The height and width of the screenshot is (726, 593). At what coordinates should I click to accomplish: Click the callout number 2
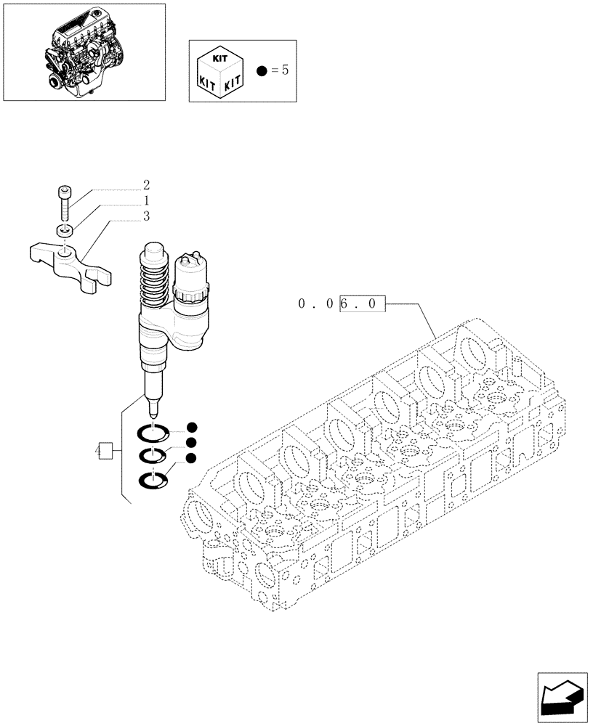tap(146, 184)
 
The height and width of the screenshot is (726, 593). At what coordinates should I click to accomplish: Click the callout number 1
tap(146, 200)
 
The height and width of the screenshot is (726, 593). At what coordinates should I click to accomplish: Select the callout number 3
tap(146, 216)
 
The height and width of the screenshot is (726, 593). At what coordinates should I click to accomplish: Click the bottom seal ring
tap(153, 480)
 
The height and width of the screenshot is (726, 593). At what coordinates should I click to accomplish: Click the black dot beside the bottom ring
tap(191, 457)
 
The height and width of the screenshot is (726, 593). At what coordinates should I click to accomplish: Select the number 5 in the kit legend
tap(285, 71)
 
